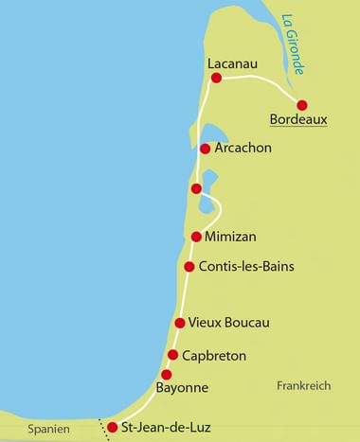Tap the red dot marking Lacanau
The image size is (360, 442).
click(216, 78)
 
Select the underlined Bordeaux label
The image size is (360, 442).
click(299, 121)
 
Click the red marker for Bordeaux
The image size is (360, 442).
click(302, 105)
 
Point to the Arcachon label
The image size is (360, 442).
click(243, 149)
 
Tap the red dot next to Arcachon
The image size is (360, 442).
click(205, 149)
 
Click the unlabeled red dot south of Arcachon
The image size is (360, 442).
click(196, 189)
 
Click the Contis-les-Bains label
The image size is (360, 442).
click(246, 267)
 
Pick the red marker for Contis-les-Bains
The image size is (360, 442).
click(189, 267)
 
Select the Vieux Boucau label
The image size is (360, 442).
click(230, 324)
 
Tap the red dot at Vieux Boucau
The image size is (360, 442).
click(180, 324)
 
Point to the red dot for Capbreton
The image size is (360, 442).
click(172, 355)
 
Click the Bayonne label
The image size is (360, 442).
click(181, 388)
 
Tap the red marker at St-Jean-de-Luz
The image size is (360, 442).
click(113, 428)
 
